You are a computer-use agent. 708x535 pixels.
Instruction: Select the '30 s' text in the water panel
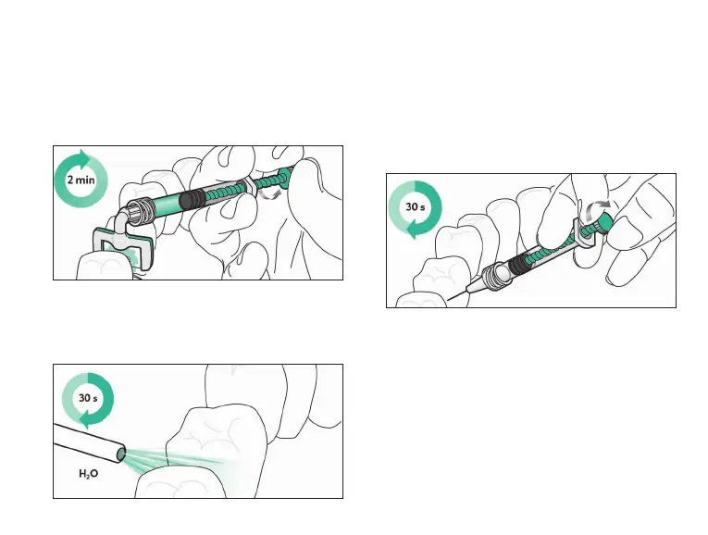coord(86,400)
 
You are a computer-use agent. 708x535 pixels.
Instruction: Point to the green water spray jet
coord(176,460)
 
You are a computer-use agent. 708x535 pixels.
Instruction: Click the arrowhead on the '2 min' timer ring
coord(83,155)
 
